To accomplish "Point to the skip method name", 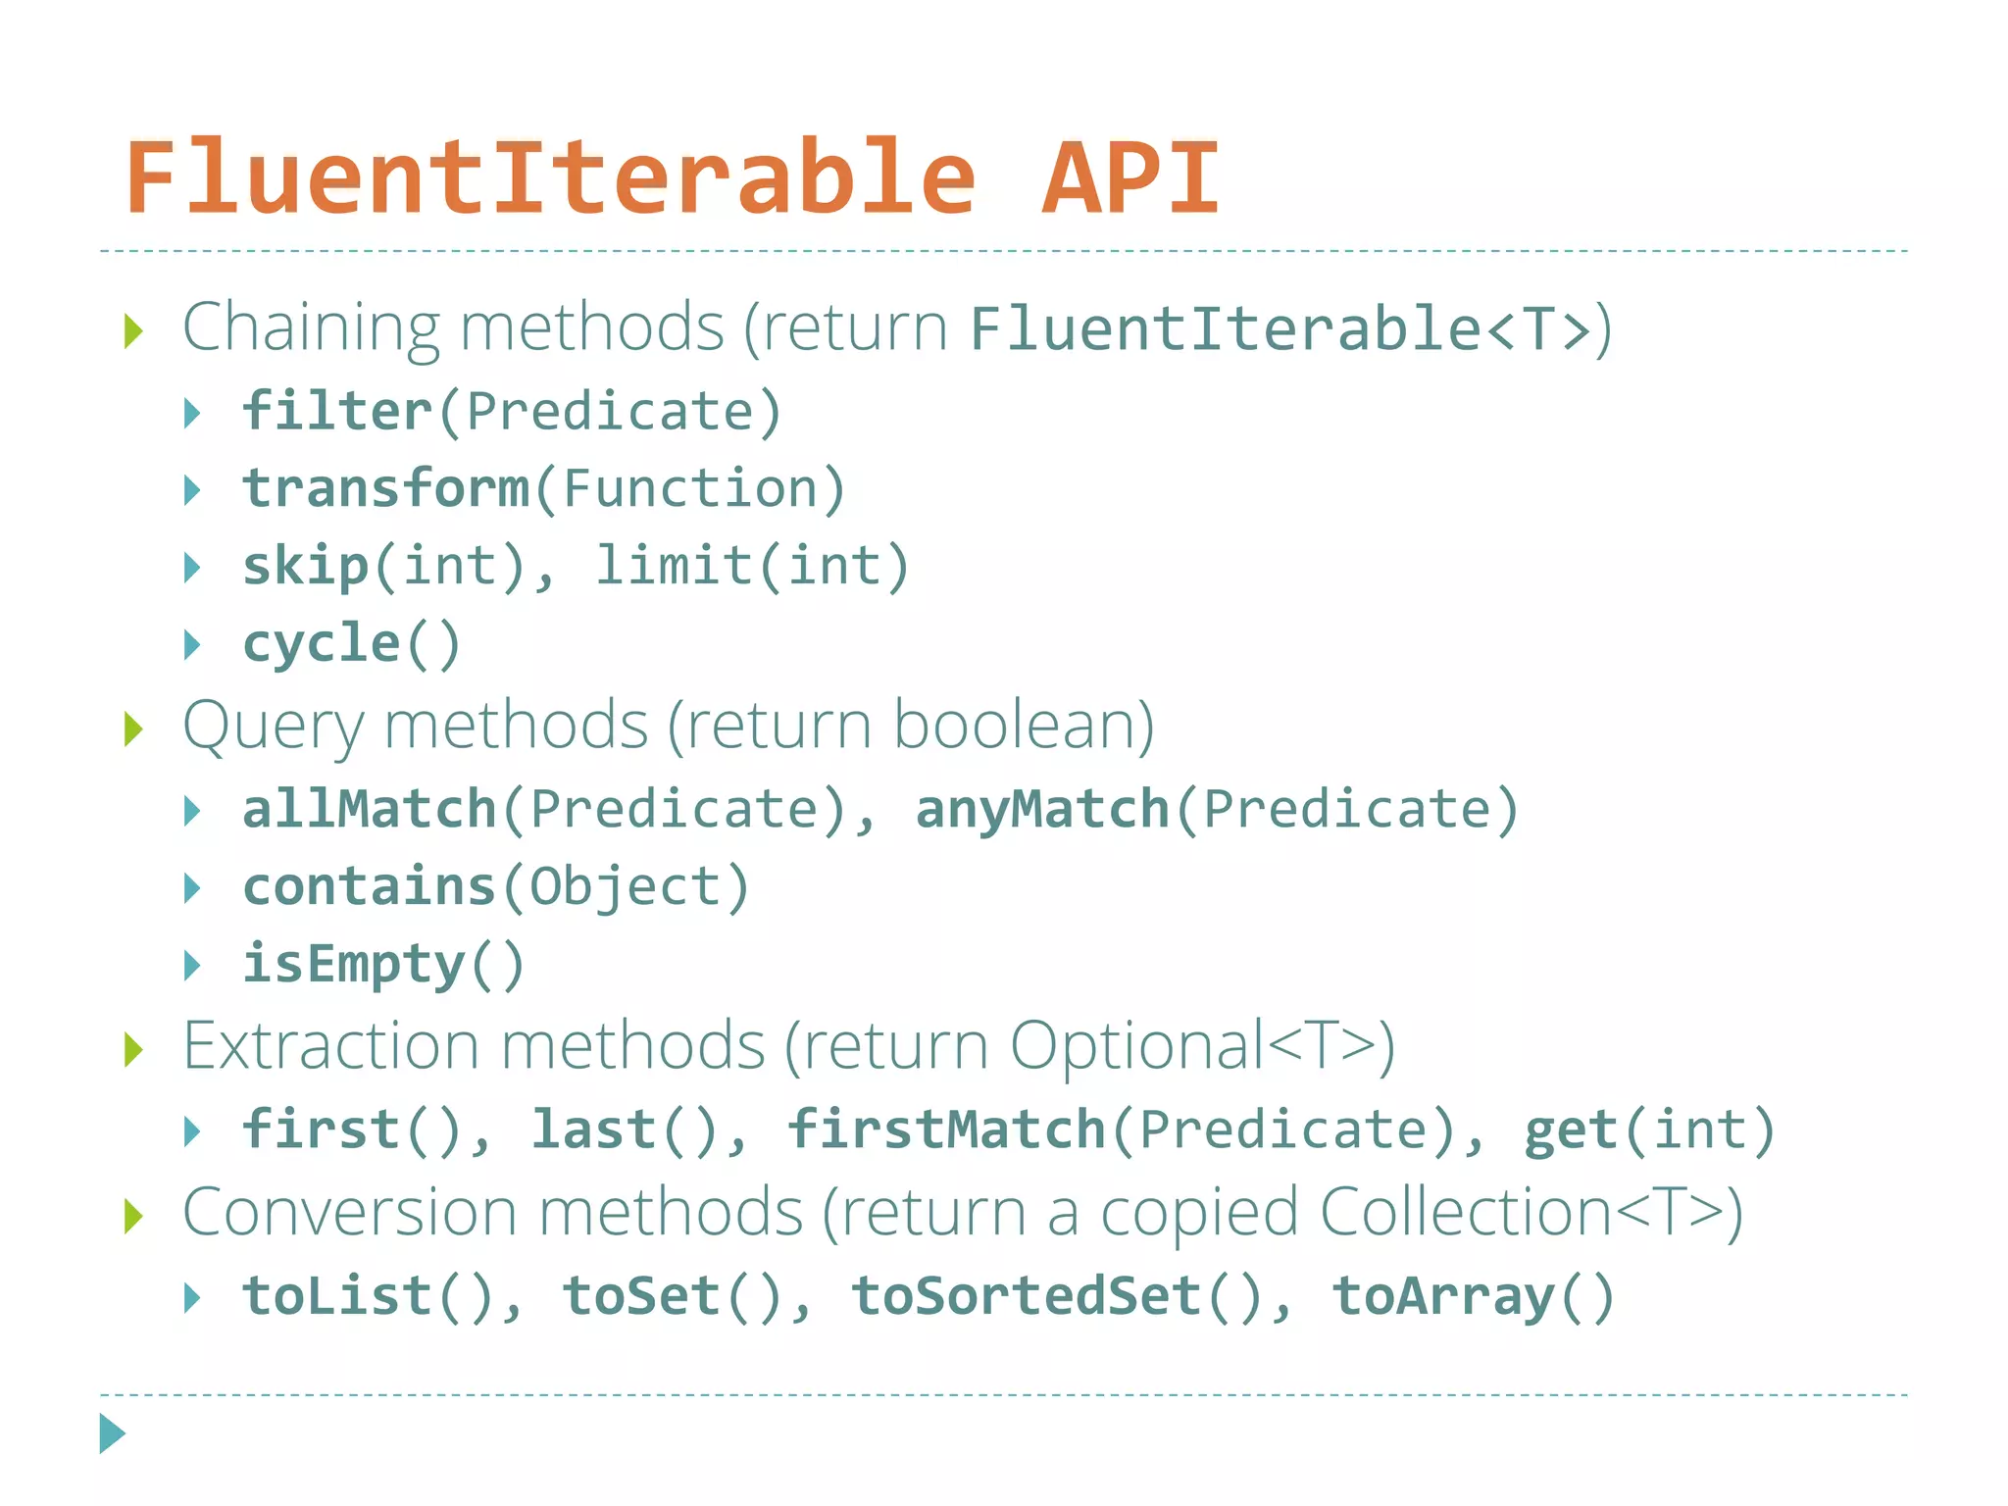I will click(306, 566).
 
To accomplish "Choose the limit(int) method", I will click(753, 566).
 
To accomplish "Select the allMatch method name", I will click(370, 809).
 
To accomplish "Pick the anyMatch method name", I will click(1042, 809).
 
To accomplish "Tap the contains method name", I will click(370, 886).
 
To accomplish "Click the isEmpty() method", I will click(383, 964).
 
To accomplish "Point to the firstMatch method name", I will click(947, 1129).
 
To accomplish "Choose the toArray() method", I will click(1473, 1296).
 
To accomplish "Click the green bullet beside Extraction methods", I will click(134, 1050).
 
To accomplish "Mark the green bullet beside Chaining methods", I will click(134, 331).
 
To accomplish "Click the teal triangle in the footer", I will click(113, 1433).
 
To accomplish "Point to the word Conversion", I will click(349, 1213).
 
